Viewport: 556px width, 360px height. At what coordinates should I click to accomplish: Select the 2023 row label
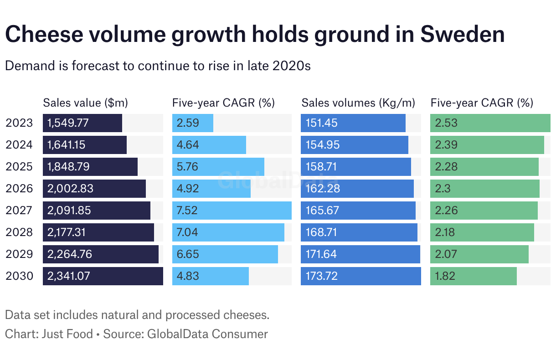19,123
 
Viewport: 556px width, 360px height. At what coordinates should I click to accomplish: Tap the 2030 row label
19,276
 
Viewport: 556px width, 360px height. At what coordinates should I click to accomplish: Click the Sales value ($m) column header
85,103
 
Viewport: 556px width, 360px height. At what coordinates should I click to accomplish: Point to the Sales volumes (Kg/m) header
358,103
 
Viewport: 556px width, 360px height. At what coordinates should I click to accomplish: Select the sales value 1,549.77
68,123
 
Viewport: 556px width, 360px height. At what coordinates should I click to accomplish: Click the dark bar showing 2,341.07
103,276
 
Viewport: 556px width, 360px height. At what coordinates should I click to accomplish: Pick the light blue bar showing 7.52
232,211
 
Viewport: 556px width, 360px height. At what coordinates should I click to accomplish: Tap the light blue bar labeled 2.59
192,123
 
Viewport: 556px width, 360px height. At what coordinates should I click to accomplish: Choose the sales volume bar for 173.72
360,276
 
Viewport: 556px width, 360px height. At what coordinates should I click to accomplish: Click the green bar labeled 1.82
473,276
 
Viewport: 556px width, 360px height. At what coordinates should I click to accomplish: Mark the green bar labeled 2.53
490,123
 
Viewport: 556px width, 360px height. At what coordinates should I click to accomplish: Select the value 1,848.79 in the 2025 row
69,167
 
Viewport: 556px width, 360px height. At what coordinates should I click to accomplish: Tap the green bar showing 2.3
484,189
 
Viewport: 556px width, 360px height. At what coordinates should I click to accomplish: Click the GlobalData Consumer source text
207,334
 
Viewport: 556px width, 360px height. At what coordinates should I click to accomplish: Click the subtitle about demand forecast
157,66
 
